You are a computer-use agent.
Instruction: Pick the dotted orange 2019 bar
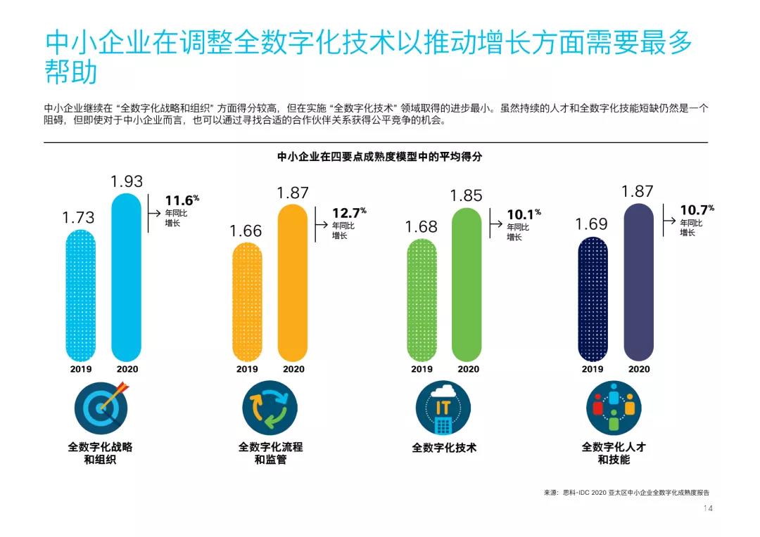pyautogui.click(x=247, y=302)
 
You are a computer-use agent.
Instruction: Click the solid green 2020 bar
pyautogui.click(x=467, y=283)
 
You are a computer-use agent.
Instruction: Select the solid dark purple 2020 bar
pyautogui.click(x=638, y=281)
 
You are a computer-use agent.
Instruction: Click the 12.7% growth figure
pyautogui.click(x=349, y=212)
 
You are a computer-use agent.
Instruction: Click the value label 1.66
pyautogui.click(x=246, y=231)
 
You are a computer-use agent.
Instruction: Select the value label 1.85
pyautogui.click(x=466, y=196)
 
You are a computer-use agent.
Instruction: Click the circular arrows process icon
pyautogui.click(x=270, y=410)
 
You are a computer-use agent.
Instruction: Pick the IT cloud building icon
pyautogui.click(x=443, y=410)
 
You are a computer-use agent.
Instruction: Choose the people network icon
pyautogui.click(x=614, y=410)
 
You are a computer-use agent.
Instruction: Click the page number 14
pyautogui.click(x=708, y=509)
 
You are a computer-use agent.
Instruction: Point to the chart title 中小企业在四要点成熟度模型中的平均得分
pyautogui.click(x=379, y=157)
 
